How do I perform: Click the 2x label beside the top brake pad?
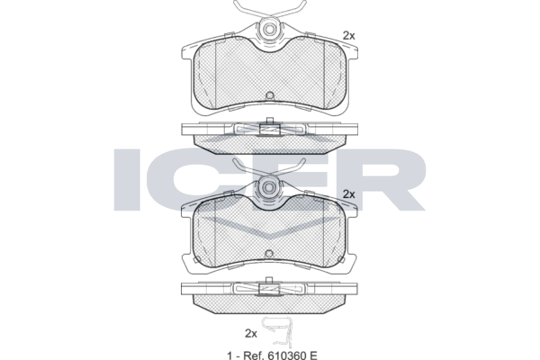[348, 35]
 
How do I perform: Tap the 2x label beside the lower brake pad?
[348, 194]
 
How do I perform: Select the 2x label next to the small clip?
[251, 334]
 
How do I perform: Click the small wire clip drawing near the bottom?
[278, 332]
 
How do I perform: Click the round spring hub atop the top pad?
[270, 30]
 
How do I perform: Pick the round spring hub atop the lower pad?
[269, 187]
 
